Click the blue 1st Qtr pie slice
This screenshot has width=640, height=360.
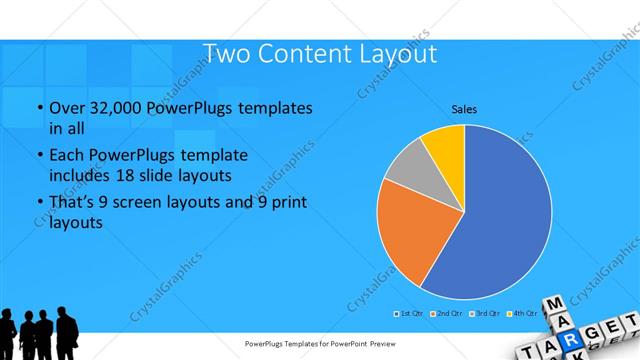[500, 220]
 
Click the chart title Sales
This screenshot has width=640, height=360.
[464, 108]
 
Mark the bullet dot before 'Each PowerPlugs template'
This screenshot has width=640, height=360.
[38, 156]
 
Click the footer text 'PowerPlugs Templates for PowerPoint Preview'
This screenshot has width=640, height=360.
[319, 344]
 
